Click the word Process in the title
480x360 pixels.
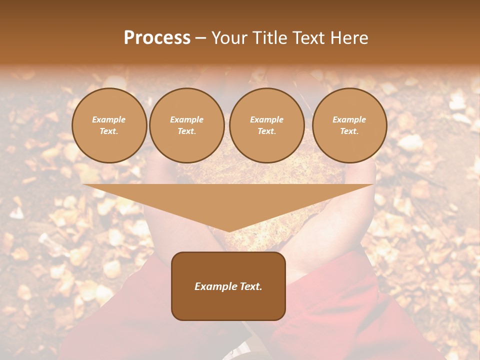(x=157, y=38)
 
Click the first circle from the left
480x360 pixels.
(x=109, y=125)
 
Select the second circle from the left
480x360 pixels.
(x=187, y=125)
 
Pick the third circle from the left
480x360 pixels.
(x=266, y=125)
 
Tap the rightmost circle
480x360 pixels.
(x=349, y=125)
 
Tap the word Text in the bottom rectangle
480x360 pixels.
(x=250, y=286)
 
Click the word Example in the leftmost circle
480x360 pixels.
(x=109, y=120)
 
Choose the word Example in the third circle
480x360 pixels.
(x=266, y=120)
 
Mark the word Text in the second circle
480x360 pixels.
(x=186, y=131)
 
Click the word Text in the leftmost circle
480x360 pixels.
(x=108, y=131)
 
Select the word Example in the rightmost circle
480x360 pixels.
(x=349, y=120)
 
